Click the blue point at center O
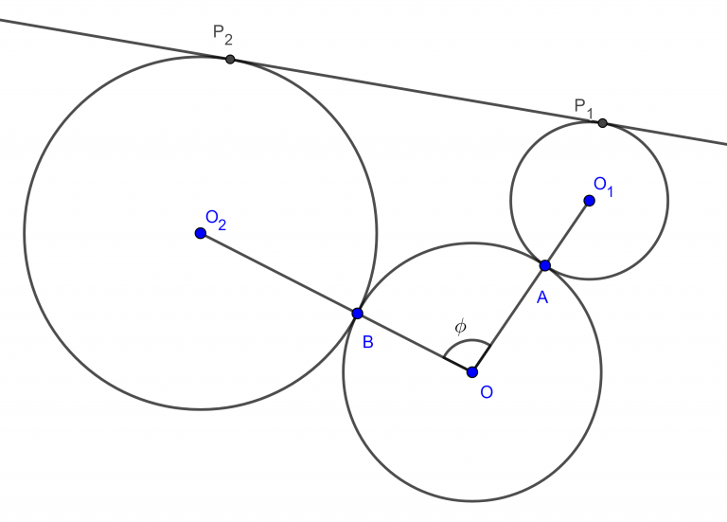coord(472,372)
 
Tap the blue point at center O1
coord(589,201)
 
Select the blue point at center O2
coord(200,233)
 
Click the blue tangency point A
coord(544,266)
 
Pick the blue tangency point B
coord(357,314)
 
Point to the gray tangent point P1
coord(602,123)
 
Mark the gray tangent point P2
coord(230,59)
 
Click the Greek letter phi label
coord(460,327)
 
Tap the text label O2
coord(216,219)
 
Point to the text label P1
coord(583,106)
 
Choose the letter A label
coord(542,297)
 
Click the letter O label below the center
coord(487,392)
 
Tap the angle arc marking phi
coord(466,344)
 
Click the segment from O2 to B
coord(278,273)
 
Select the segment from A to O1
coord(566,234)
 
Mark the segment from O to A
coord(508,319)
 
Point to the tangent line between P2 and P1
coord(417,91)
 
